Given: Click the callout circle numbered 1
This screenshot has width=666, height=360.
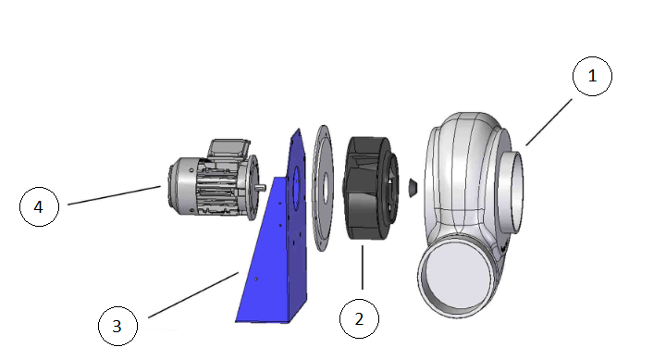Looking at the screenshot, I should [593, 78].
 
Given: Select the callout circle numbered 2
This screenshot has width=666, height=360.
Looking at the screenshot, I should [359, 319].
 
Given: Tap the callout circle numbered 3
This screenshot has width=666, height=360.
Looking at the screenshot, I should [117, 326].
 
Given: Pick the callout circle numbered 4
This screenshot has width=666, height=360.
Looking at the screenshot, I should [39, 207].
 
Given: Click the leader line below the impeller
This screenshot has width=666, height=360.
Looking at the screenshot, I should [362, 272].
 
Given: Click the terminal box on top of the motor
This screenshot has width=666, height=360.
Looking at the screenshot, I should [227, 149].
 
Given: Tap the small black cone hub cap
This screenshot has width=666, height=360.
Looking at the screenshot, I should [411, 188].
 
